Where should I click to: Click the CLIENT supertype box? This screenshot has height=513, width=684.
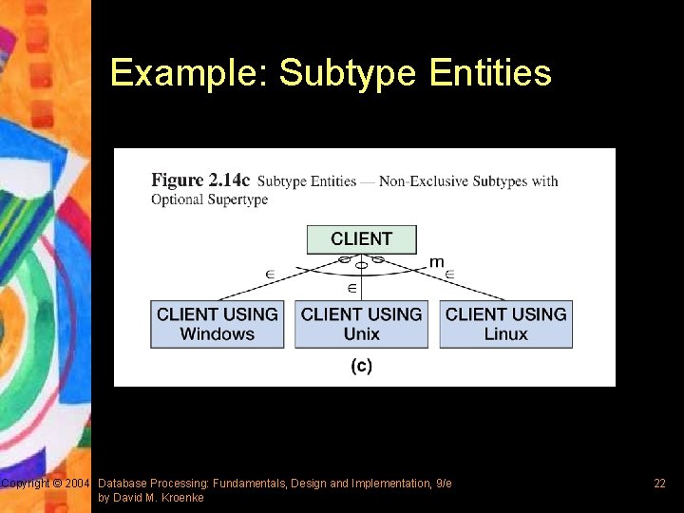(361, 238)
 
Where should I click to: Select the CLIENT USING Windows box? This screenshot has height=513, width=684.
(218, 324)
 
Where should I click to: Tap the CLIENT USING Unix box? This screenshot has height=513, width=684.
(361, 324)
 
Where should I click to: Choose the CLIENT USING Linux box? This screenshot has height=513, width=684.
(505, 324)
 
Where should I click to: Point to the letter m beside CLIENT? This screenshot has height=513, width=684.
(436, 261)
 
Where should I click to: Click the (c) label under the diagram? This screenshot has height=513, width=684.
(361, 366)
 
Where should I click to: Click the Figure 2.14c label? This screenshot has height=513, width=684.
(200, 180)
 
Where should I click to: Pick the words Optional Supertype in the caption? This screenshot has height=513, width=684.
(209, 199)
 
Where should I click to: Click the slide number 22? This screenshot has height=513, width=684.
(659, 484)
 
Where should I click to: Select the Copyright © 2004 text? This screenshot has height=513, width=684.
(45, 484)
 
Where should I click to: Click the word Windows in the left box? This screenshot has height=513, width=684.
(218, 334)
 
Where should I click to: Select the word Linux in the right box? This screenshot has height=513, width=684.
(505, 334)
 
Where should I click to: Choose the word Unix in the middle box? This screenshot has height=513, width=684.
(361, 334)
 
